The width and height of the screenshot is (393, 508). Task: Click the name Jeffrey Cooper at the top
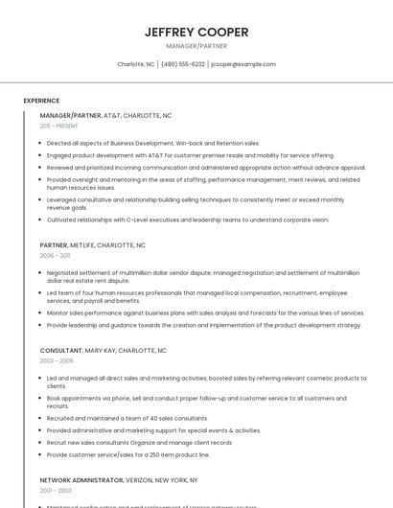click(x=196, y=32)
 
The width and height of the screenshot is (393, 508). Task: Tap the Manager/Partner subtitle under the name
click(x=196, y=46)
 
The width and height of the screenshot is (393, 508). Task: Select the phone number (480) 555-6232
click(x=183, y=64)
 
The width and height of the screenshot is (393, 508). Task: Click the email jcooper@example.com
click(x=243, y=64)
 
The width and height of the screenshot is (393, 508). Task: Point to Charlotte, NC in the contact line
click(x=135, y=64)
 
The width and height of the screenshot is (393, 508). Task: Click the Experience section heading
click(x=41, y=101)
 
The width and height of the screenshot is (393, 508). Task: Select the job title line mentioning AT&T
click(x=105, y=115)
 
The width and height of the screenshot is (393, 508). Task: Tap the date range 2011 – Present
click(x=58, y=126)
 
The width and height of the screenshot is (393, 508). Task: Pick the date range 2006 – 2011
click(x=55, y=256)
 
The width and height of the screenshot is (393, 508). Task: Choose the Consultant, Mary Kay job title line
click(x=103, y=351)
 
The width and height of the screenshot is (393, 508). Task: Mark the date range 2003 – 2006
click(x=57, y=361)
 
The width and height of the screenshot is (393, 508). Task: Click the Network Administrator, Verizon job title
click(x=119, y=479)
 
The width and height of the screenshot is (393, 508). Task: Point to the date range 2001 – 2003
click(x=56, y=490)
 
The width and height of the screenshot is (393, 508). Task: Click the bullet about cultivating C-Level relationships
click(x=187, y=219)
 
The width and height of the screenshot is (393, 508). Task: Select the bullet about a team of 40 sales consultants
click(x=127, y=419)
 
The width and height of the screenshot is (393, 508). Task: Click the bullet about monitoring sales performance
click(x=205, y=312)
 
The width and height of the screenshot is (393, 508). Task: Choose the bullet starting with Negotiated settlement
click(x=202, y=277)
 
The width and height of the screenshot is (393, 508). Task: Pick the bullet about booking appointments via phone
click(x=196, y=402)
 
